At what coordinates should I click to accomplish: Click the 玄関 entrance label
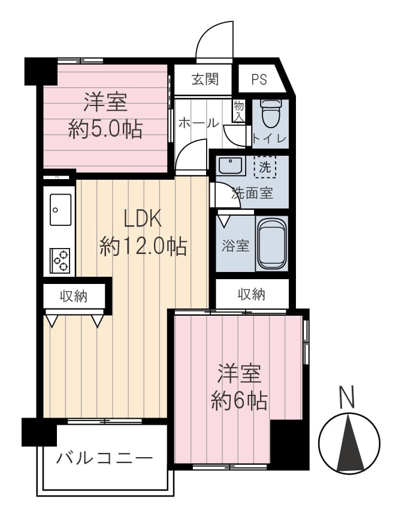205,79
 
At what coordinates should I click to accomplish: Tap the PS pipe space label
259,80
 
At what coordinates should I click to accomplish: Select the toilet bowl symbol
270,113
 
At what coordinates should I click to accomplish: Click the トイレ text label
269,138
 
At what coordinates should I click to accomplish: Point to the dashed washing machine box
265,167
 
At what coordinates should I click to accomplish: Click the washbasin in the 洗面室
231,166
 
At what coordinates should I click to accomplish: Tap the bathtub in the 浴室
271,243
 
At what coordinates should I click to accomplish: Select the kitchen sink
61,210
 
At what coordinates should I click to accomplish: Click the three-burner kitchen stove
60,261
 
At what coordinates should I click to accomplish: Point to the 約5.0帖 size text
105,129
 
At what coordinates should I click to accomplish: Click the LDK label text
142,219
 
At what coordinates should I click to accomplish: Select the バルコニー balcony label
104,458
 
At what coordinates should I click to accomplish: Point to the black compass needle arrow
350,442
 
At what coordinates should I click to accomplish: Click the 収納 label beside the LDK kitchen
74,297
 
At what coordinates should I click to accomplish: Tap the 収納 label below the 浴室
252,294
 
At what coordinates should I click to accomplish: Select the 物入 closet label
238,111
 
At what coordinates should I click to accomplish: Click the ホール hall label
198,123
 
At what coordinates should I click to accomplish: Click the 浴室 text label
235,246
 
